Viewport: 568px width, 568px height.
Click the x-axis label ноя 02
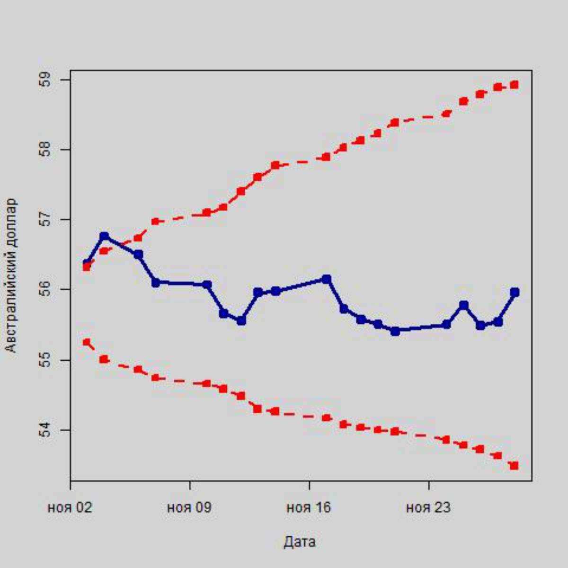[x=70, y=508]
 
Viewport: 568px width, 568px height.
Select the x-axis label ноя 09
[x=189, y=508]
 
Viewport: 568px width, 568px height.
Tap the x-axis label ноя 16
[x=309, y=508]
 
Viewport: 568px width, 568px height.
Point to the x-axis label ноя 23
[x=428, y=508]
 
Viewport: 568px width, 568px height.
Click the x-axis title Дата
[x=299, y=542]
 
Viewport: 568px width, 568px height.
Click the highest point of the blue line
[x=104, y=236]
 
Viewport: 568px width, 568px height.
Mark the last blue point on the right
[x=515, y=292]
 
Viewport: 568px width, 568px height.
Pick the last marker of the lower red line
[x=514, y=466]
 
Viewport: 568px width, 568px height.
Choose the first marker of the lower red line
[x=87, y=342]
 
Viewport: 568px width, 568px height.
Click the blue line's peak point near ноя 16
[x=327, y=279]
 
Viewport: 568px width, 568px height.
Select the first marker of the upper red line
[x=86, y=267]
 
